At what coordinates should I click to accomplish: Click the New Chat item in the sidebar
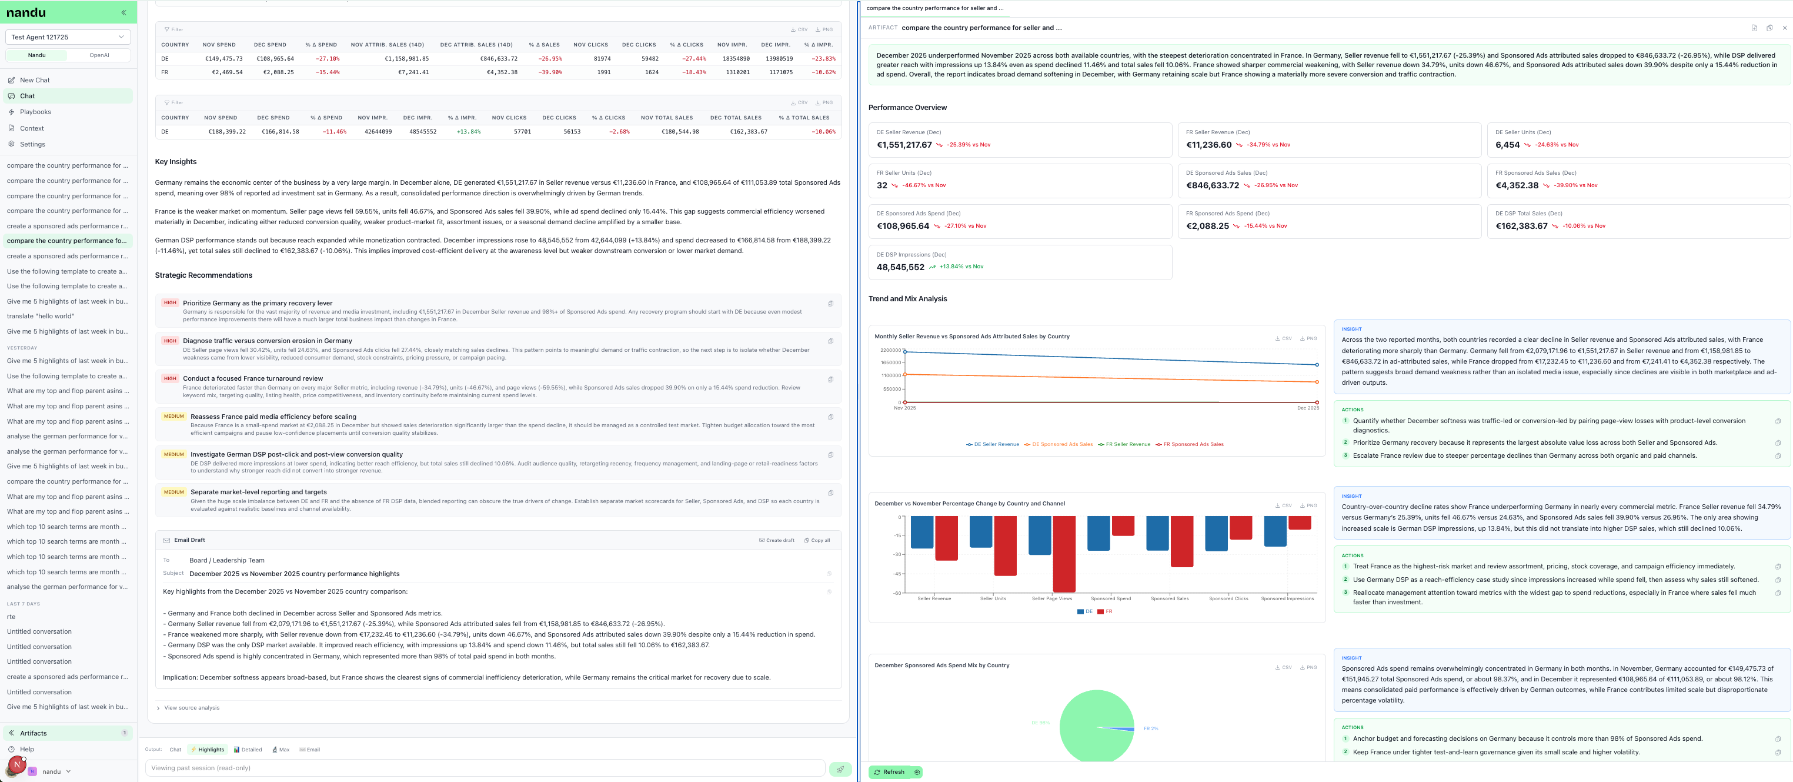click(x=35, y=80)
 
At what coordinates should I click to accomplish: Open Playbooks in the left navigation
click(x=35, y=112)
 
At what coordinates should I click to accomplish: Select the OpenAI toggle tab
click(x=99, y=55)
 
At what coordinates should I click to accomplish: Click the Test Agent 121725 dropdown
click(x=68, y=37)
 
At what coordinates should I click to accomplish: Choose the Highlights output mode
click(x=208, y=750)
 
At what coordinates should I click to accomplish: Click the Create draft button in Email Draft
click(x=777, y=540)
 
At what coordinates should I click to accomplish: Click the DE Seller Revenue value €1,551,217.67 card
click(x=904, y=145)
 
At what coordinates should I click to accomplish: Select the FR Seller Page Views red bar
click(x=1064, y=554)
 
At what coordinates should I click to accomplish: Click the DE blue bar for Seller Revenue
click(x=921, y=532)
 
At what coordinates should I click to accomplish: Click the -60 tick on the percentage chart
click(x=897, y=593)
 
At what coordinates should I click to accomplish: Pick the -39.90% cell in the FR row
click(x=550, y=72)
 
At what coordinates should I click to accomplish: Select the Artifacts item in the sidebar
click(x=34, y=733)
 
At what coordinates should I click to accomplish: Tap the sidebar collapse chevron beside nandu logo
click(x=124, y=12)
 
